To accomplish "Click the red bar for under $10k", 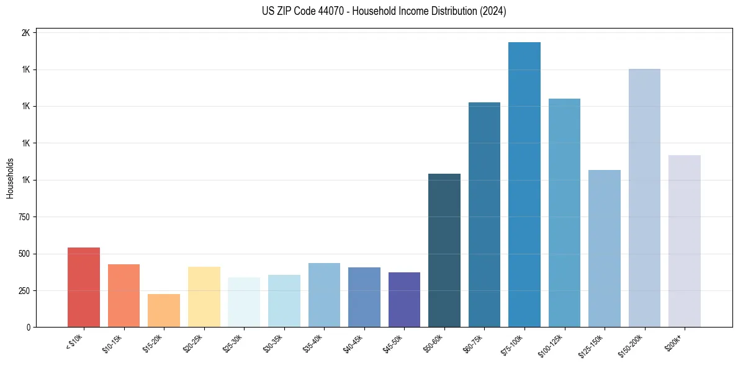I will (84, 287).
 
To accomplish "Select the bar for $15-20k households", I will (164, 310).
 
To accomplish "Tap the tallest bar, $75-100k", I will (524, 185).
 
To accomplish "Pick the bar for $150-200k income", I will (644, 198).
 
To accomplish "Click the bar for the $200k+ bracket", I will (685, 241).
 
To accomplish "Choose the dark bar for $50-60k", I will (444, 250).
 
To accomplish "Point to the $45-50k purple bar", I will (404, 300).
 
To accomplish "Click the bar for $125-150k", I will (605, 248).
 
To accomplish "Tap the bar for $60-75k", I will (484, 215).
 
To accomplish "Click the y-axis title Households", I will (10, 179).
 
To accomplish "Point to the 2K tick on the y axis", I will (26, 33).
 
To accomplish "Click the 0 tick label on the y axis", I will (29, 327).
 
